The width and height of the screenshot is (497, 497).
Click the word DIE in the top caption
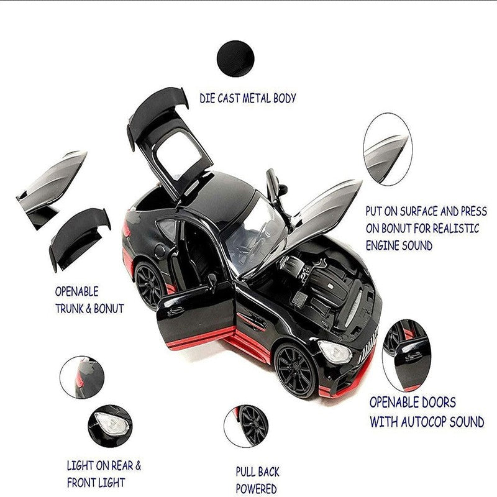click(209, 98)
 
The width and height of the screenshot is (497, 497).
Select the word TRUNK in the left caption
click(73, 308)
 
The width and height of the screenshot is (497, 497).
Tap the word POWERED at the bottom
click(256, 489)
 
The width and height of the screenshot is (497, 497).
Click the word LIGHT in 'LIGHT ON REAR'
click(82, 465)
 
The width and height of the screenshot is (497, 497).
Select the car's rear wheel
click(148, 286)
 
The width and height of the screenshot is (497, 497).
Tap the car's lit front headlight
click(335, 352)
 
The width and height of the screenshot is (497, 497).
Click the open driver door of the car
click(196, 317)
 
